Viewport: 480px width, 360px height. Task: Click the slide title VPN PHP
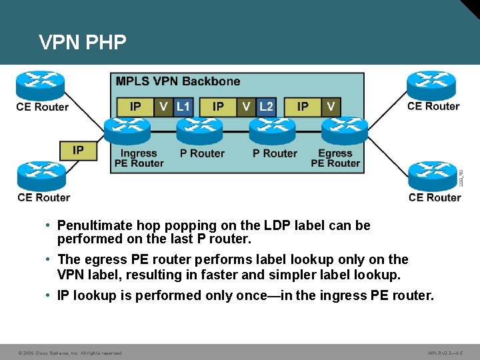click(x=83, y=43)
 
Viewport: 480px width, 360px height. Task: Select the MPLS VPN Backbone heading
click(x=178, y=81)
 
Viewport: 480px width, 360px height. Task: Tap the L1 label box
click(x=183, y=107)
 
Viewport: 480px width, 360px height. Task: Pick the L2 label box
click(x=266, y=107)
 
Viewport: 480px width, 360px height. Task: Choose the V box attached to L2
click(x=247, y=107)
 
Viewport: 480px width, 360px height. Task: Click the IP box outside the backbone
click(x=78, y=150)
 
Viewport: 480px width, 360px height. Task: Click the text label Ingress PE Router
click(x=139, y=158)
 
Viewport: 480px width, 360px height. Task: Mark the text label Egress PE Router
click(x=335, y=158)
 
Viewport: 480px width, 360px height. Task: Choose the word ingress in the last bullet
click(x=338, y=295)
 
